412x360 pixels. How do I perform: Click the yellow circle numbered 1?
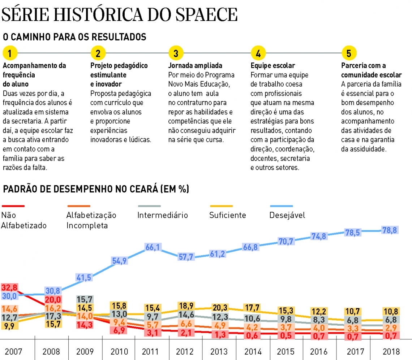pos(10,53)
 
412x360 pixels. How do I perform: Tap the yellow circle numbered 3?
pos(176,53)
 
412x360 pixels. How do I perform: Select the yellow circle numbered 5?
pos(349,53)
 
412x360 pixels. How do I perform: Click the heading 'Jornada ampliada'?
pos(195,66)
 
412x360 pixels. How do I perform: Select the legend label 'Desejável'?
pos(287,215)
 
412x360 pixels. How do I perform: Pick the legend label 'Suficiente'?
pos(228,215)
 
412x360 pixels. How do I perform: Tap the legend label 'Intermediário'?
pos(163,215)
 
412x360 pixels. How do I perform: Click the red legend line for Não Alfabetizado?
pos(13,206)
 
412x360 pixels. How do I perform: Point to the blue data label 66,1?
pos(153,247)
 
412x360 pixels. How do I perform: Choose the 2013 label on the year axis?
pos(219,351)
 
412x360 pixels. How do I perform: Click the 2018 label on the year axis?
pos(391,351)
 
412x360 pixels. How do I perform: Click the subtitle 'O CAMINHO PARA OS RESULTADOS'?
pos(74,37)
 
